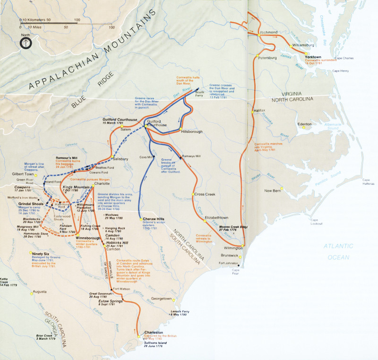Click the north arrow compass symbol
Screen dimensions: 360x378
pos(26,43)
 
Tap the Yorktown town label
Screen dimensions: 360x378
pos(313,57)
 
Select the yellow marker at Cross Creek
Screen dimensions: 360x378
pos(193,194)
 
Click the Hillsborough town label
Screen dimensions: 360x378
pos(194,133)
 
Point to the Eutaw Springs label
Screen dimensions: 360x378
pos(111,301)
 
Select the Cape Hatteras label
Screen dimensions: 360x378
pos(369,182)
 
